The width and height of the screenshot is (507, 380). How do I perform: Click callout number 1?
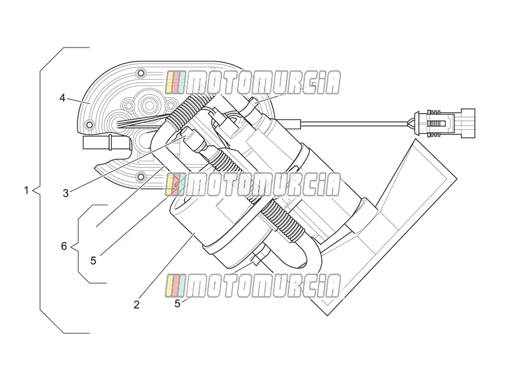tap(27, 191)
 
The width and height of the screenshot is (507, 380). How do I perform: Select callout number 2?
tap(136, 305)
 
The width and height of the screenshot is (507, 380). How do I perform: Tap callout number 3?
tap(66, 193)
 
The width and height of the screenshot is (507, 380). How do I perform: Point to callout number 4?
tap(62, 98)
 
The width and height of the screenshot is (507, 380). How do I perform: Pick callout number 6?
tap(64, 246)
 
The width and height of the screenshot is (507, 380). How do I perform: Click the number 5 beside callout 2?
tap(177, 304)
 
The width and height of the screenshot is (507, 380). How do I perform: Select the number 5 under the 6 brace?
tap(93, 260)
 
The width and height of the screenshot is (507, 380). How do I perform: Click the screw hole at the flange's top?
tap(140, 73)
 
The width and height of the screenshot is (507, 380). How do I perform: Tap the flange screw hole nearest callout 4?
tap(89, 124)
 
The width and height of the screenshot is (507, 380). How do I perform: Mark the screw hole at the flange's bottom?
tap(141, 177)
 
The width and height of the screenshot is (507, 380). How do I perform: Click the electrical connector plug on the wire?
tap(445, 123)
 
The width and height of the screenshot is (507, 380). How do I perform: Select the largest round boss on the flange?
tap(150, 104)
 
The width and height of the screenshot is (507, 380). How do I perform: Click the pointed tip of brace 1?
tap(34, 191)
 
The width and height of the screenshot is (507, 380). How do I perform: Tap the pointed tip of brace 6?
tap(72, 246)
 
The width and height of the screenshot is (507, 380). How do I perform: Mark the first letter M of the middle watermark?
tap(200, 184)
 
